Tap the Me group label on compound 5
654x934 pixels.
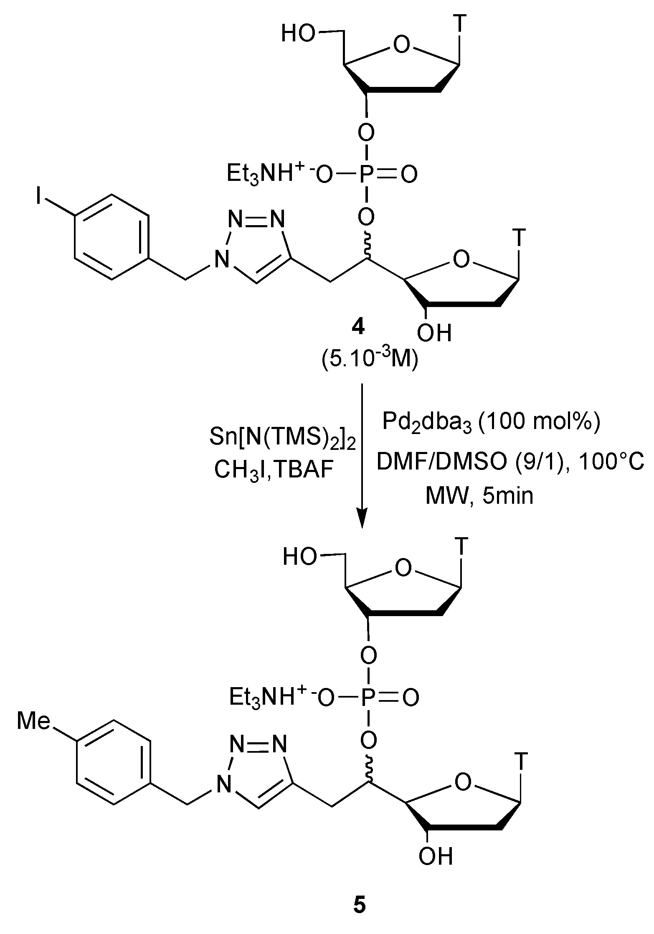34,721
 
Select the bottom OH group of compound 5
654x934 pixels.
436,856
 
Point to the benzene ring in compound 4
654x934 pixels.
112,237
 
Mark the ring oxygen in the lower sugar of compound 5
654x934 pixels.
462,782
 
